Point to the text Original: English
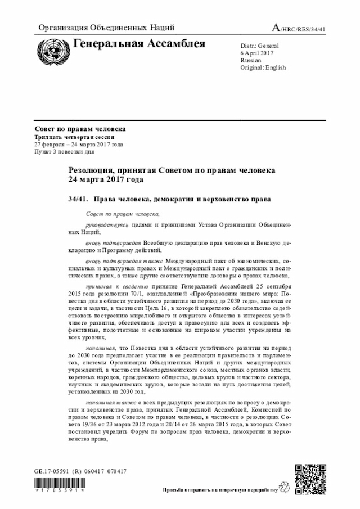[263, 67]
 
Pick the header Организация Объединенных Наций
[106, 28]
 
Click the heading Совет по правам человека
[80, 129]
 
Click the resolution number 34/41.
[78, 199]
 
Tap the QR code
[310, 479]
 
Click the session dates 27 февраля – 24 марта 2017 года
[79, 145]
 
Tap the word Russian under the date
[250, 60]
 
